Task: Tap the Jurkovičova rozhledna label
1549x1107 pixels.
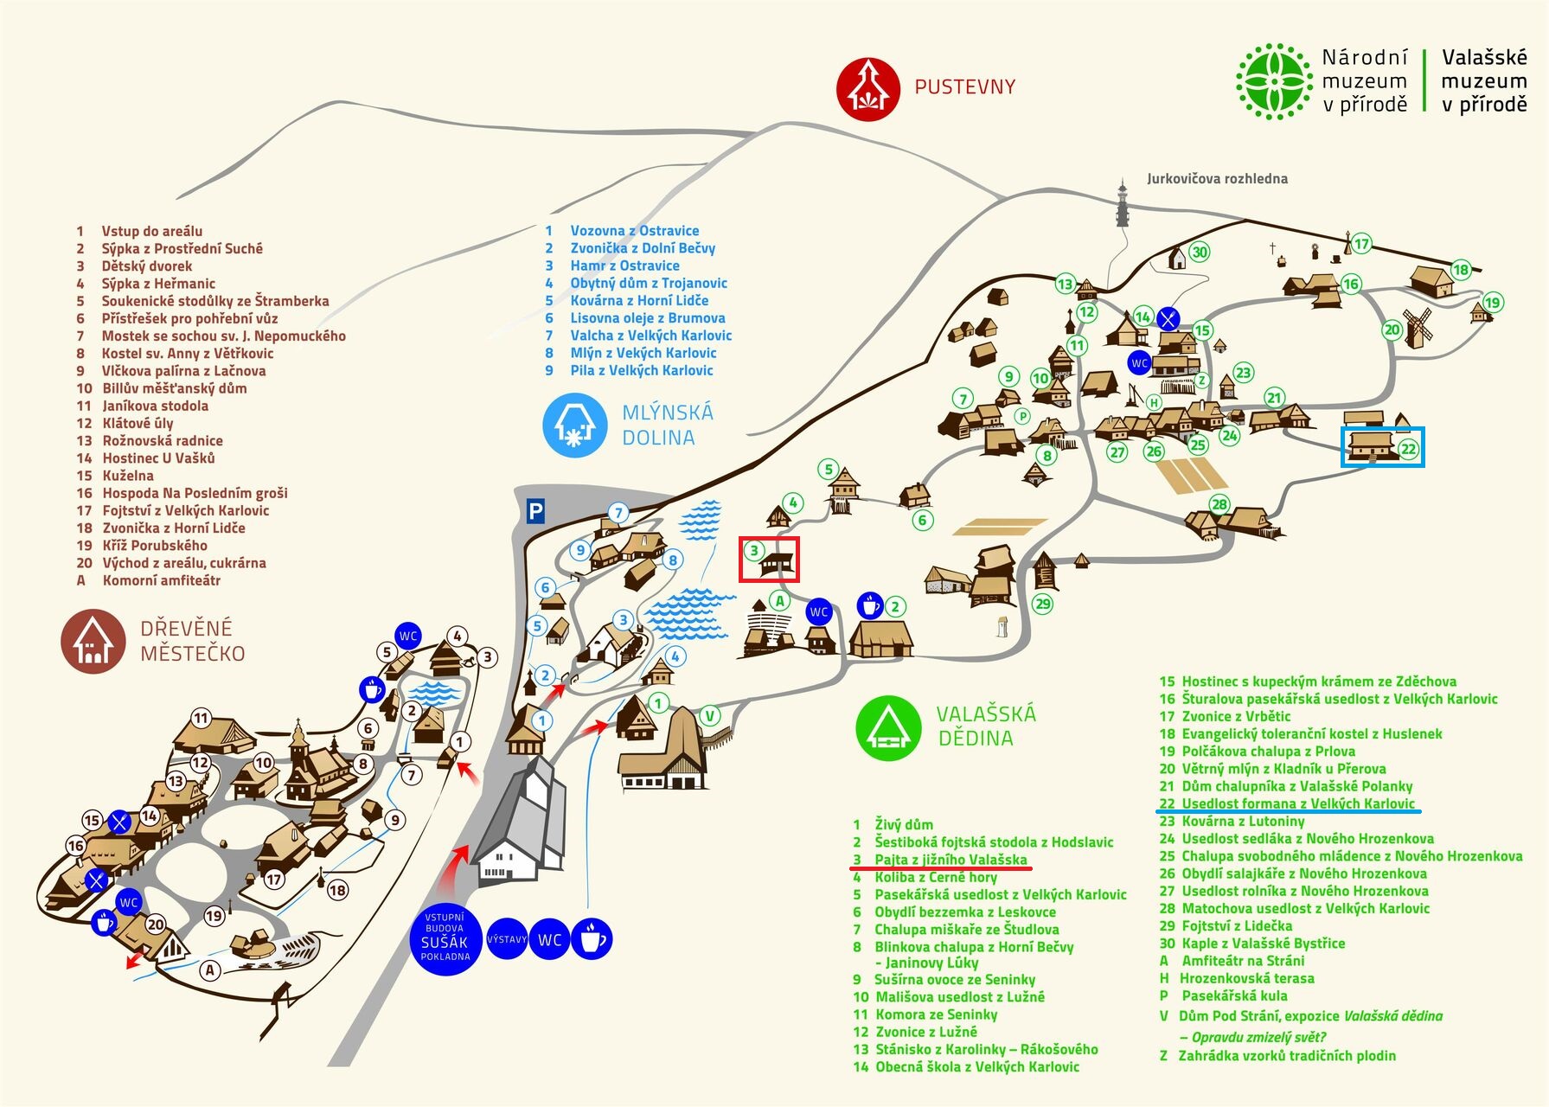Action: tap(1217, 179)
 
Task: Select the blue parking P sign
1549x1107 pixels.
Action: tap(536, 512)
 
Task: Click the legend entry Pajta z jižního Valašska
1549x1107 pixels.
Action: tap(951, 860)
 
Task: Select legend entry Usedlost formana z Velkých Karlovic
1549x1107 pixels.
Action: tap(1298, 803)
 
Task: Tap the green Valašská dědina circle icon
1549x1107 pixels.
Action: tap(887, 728)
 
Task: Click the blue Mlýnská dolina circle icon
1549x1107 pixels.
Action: tap(574, 425)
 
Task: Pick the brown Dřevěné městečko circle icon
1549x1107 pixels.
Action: tap(93, 641)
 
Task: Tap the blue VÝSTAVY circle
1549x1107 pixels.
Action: tap(507, 939)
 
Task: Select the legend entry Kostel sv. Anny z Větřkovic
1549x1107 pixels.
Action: tap(187, 354)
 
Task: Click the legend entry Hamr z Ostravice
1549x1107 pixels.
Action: tap(624, 266)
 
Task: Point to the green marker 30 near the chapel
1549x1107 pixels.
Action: tap(1199, 252)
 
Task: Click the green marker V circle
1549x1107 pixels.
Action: tap(709, 715)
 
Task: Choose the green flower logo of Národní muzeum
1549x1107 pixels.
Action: tap(1273, 81)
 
